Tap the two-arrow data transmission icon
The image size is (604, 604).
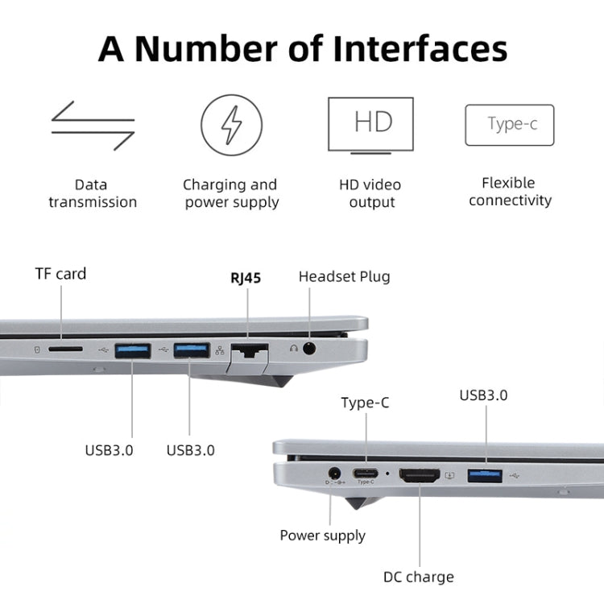(x=93, y=125)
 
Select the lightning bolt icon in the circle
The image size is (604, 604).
(x=231, y=125)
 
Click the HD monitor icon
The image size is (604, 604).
(x=370, y=126)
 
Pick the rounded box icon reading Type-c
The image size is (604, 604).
(x=510, y=125)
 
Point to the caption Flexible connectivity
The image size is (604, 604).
(x=509, y=192)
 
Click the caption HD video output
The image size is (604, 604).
(x=371, y=193)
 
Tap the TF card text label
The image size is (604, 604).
(x=60, y=274)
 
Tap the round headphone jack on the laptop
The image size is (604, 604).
(x=308, y=349)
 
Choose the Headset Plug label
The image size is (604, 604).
(x=344, y=276)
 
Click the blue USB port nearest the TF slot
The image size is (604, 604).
(x=131, y=350)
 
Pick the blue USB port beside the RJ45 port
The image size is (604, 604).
(x=191, y=350)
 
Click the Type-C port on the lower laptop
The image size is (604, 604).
(x=366, y=474)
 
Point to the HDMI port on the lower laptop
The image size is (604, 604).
(x=419, y=475)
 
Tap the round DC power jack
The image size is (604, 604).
(x=332, y=474)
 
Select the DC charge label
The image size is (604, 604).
(x=418, y=577)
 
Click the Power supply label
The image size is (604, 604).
(x=322, y=536)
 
